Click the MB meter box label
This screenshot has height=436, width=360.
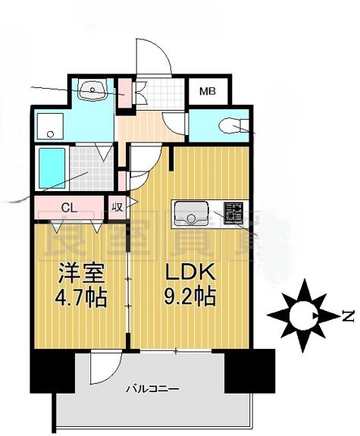coord(207,92)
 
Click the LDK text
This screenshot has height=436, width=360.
coord(189,271)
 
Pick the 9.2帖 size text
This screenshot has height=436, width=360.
coord(189,295)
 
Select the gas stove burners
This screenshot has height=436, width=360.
coord(233,214)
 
